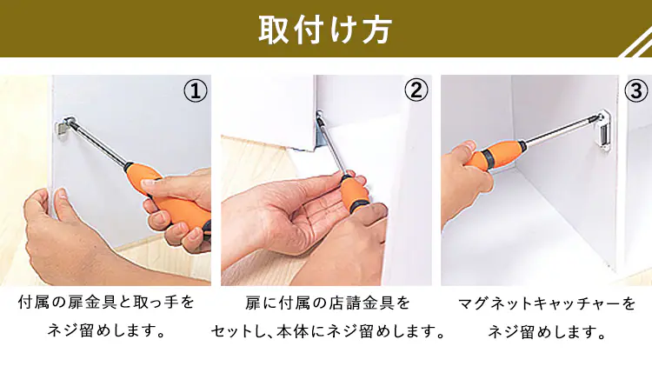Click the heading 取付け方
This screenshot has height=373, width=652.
pos(325,30)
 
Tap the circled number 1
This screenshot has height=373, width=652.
pos(196,90)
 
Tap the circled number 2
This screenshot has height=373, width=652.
pos(416,90)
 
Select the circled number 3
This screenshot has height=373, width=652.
pos(636,90)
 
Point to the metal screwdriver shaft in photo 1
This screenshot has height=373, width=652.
pos(100,143)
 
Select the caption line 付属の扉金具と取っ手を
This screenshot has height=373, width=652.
pos(106,303)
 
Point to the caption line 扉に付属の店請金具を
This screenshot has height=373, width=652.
pos(328,303)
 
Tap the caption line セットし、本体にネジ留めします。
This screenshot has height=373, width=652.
pos(329,332)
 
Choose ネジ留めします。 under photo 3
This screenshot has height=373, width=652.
pos(547,332)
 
